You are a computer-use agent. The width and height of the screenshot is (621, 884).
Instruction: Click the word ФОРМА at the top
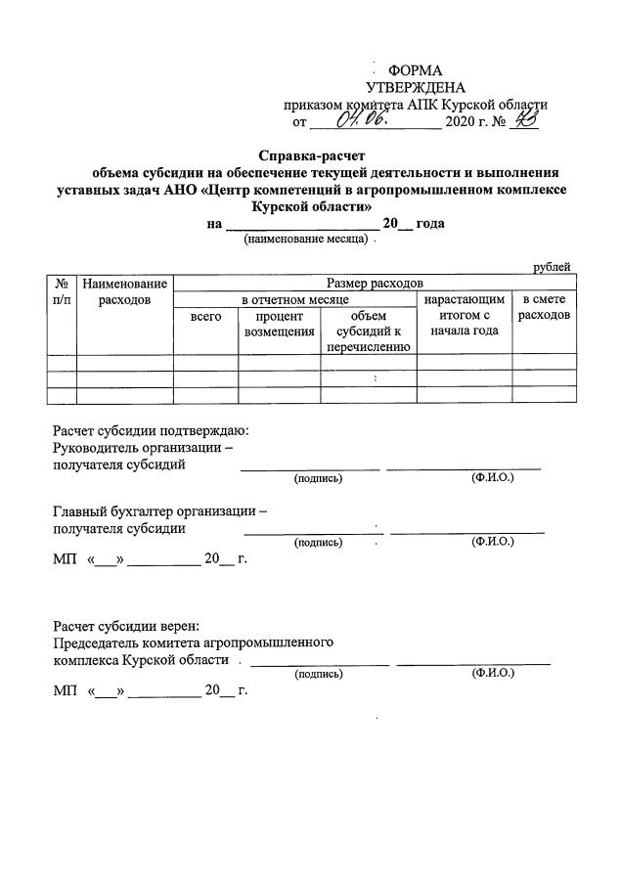click(x=416, y=70)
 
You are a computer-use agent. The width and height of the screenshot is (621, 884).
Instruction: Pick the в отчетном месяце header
click(x=294, y=298)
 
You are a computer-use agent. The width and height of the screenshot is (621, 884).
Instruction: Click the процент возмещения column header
click(x=280, y=324)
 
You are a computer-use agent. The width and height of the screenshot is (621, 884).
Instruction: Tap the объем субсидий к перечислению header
click(x=369, y=331)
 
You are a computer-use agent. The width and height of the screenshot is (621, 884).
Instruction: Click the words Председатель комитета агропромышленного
click(x=195, y=642)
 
